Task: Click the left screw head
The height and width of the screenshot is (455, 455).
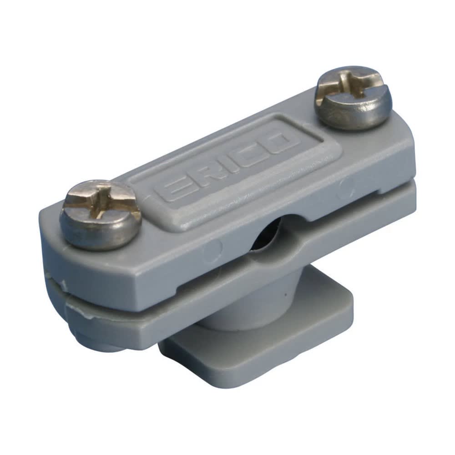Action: tap(101, 215)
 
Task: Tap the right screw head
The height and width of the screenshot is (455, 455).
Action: tap(353, 97)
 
